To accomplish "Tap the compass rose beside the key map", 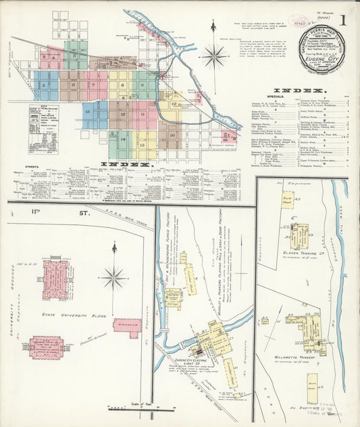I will click(x=215, y=55).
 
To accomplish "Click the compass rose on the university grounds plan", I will click(x=113, y=276).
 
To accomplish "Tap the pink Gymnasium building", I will click(x=127, y=328).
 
